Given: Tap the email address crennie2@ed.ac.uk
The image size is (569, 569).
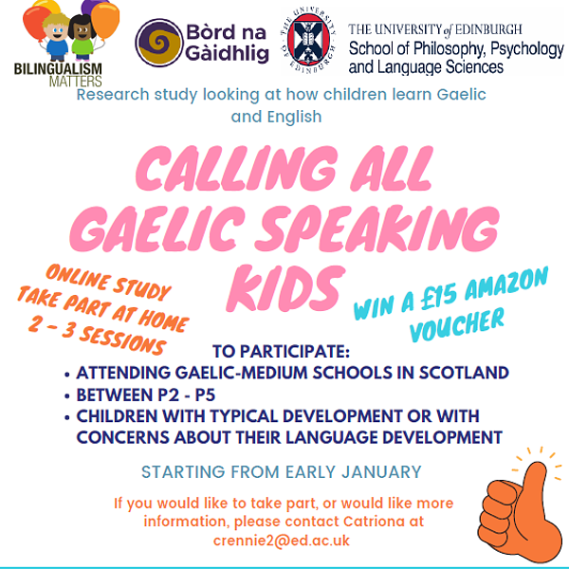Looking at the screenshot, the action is tap(282, 541).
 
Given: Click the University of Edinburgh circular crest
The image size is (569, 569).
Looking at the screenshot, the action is tap(308, 41).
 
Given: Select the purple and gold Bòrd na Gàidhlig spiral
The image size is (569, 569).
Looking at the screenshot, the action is tap(158, 43).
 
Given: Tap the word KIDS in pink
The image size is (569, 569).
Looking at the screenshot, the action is tap(284, 288).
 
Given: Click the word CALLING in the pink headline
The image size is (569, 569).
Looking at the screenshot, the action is tap(237, 169).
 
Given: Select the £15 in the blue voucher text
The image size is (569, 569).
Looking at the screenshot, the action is tap(438, 299).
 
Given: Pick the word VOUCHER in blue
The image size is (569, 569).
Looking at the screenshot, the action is tap(457, 324).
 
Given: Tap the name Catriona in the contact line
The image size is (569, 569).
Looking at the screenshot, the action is tap(374, 522).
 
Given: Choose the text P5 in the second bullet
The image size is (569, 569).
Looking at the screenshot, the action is tap(206, 395).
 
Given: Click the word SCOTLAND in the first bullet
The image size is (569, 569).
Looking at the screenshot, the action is tap(464, 373).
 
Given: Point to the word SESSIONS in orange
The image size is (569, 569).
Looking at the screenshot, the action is tap(122, 340).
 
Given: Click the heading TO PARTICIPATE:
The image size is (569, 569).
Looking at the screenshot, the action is tap(282, 351).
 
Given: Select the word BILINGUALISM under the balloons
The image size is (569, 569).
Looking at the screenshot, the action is tap(58, 69).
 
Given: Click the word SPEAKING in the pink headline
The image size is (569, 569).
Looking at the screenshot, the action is tap(377, 228).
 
